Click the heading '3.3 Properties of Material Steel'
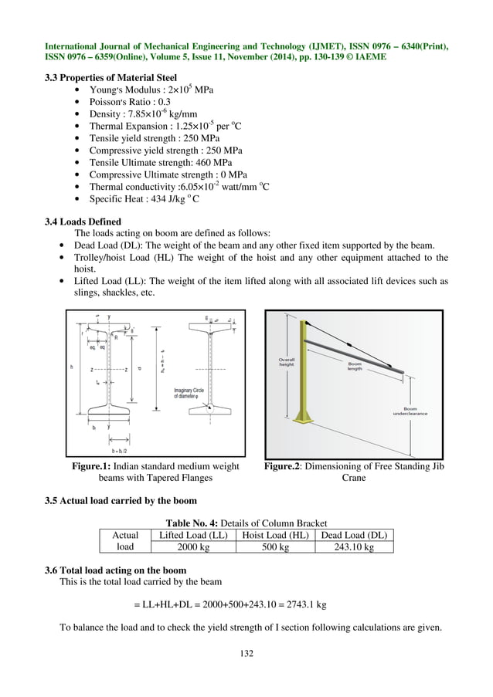pos(111,77)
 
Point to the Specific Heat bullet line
pos(145,199)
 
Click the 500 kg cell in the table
pos(275,547)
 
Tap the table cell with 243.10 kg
pos(354,547)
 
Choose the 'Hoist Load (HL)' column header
pos(276,535)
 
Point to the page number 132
pos(246,655)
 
